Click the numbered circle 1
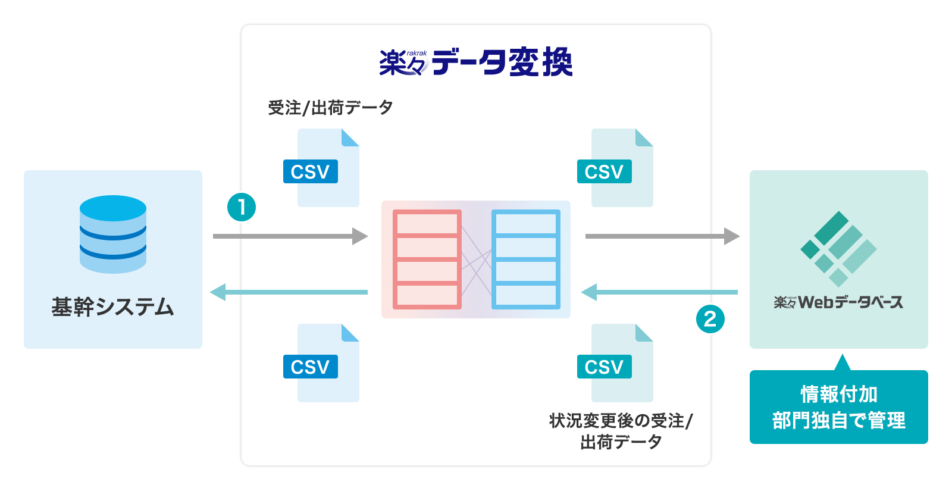[x=242, y=207]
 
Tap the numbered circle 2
[x=710, y=319]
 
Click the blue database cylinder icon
[x=113, y=234]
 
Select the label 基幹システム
[x=113, y=307]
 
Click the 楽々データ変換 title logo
[x=476, y=62]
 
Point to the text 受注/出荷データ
[x=330, y=108]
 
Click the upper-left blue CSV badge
[x=310, y=171]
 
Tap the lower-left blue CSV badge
[x=310, y=367]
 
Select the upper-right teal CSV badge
[x=604, y=171]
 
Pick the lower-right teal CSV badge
[x=604, y=367]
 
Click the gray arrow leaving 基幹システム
[x=290, y=236]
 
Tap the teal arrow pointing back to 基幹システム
[x=289, y=292]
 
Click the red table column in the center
[x=427, y=259]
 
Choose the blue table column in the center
[x=526, y=259]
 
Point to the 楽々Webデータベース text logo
[x=838, y=302]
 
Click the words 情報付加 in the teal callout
[x=838, y=394]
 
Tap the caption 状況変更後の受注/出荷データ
[x=621, y=431]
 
